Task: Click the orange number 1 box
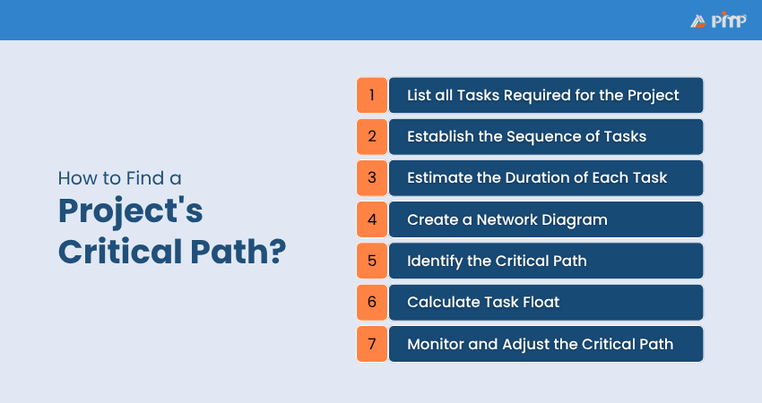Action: (372, 95)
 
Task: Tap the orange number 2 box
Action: (372, 136)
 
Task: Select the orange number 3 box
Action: (372, 177)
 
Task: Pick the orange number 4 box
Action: (372, 219)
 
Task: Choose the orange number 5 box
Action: (372, 261)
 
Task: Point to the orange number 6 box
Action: (372, 302)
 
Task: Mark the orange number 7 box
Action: (372, 344)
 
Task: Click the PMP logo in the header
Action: (718, 21)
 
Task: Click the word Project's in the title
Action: (130, 211)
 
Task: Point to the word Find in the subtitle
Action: (145, 178)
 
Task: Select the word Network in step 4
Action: (507, 219)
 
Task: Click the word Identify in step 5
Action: (435, 262)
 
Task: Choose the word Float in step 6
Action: (541, 302)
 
